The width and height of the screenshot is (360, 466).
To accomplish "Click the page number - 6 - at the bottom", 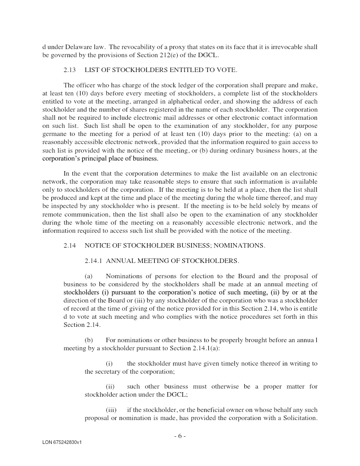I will (180, 436).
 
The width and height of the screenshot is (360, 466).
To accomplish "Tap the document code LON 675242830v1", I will (62, 443).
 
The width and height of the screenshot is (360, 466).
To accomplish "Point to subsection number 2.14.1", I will (94, 261).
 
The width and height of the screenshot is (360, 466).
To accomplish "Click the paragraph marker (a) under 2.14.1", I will (89, 276).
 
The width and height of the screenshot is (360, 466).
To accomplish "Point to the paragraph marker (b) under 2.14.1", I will (89, 340).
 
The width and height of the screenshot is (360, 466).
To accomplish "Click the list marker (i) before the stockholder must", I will (109, 363).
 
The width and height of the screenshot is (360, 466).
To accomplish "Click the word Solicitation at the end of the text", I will (299, 418).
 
